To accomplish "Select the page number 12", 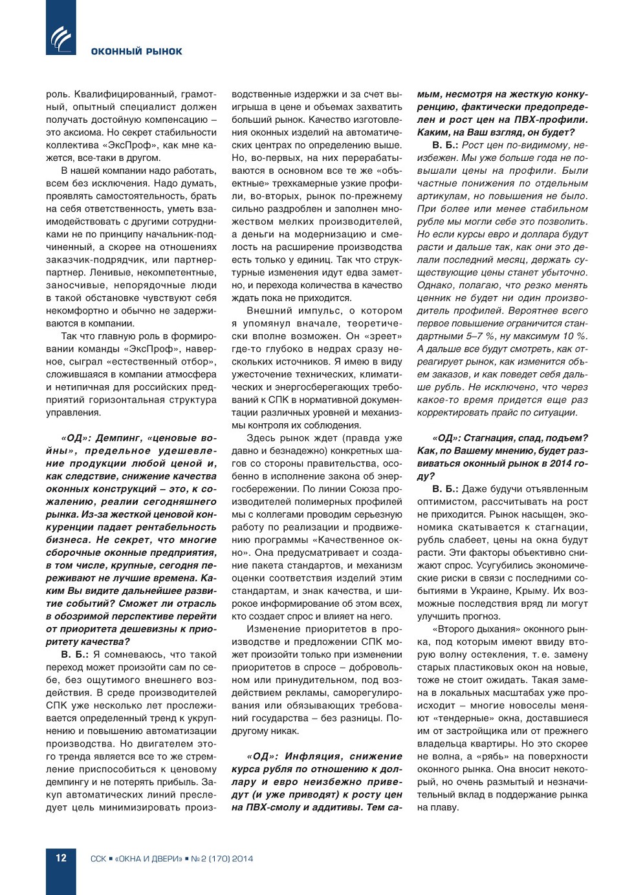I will tap(61, 858).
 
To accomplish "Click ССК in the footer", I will tap(98, 859).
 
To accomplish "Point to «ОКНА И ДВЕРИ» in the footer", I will tap(148, 859).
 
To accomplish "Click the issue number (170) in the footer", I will tap(219, 859).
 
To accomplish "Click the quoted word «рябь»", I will tap(486, 757).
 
